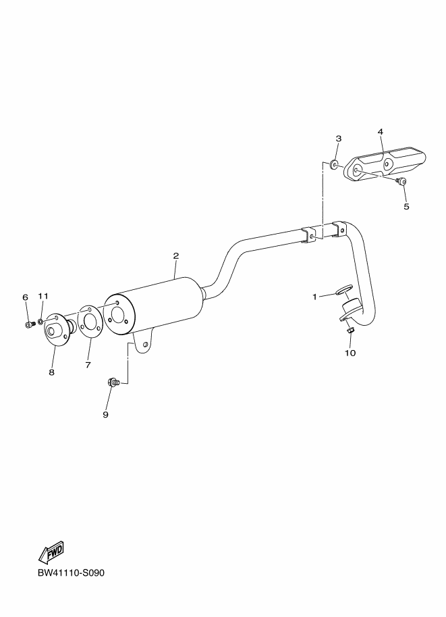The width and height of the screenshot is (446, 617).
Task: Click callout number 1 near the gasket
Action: click(314, 296)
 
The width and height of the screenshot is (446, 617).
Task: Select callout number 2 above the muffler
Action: click(175, 256)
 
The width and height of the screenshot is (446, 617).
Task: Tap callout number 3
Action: click(338, 138)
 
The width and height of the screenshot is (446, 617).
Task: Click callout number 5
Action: click(406, 206)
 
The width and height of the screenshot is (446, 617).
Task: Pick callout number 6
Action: click(26, 297)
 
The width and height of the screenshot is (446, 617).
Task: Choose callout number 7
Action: click(88, 365)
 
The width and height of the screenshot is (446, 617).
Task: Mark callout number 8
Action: click(51, 372)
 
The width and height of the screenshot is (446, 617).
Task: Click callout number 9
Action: click(105, 414)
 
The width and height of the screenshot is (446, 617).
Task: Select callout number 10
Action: click(350, 352)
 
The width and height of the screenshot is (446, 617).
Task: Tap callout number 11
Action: click(43, 296)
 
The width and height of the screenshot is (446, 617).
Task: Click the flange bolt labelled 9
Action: click(113, 383)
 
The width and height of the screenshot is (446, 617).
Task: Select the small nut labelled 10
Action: click(350, 330)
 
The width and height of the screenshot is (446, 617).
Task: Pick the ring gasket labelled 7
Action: click(88, 320)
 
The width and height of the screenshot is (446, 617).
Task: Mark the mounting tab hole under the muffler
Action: click(145, 345)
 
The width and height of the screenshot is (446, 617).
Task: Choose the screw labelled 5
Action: click(400, 181)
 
